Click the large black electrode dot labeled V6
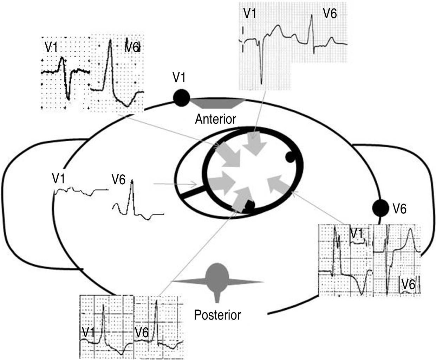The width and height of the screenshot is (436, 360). (381, 208)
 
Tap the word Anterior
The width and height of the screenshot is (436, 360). (215, 119)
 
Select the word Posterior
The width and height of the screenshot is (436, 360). (217, 315)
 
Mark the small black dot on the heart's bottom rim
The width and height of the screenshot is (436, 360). (249, 205)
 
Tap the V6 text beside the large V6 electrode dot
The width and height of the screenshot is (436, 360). (399, 209)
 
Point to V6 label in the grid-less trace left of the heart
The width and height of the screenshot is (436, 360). (118, 180)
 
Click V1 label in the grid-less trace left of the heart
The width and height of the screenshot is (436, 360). (59, 179)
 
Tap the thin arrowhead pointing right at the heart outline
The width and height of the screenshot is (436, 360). (193, 184)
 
